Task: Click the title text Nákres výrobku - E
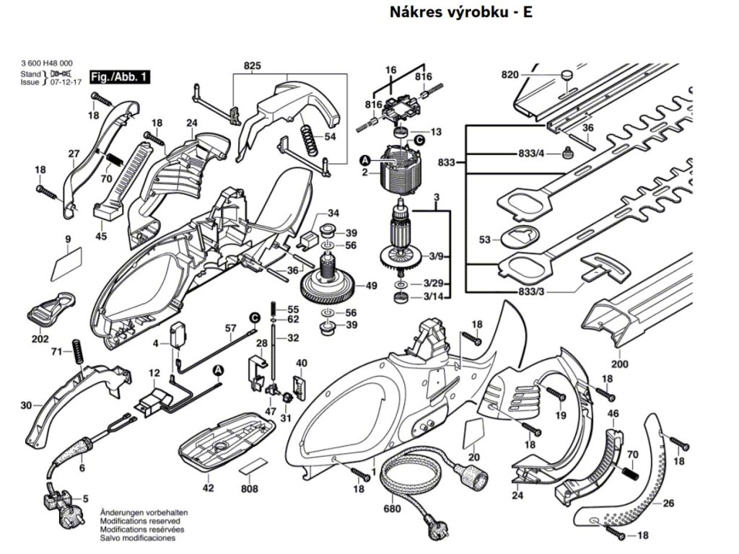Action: (x=460, y=12)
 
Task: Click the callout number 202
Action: (x=40, y=339)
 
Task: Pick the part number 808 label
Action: (x=249, y=489)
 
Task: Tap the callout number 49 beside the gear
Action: (x=371, y=286)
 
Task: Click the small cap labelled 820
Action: (x=566, y=74)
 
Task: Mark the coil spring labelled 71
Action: (x=76, y=351)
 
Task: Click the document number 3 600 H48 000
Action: (x=46, y=64)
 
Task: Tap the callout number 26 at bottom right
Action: (x=668, y=503)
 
